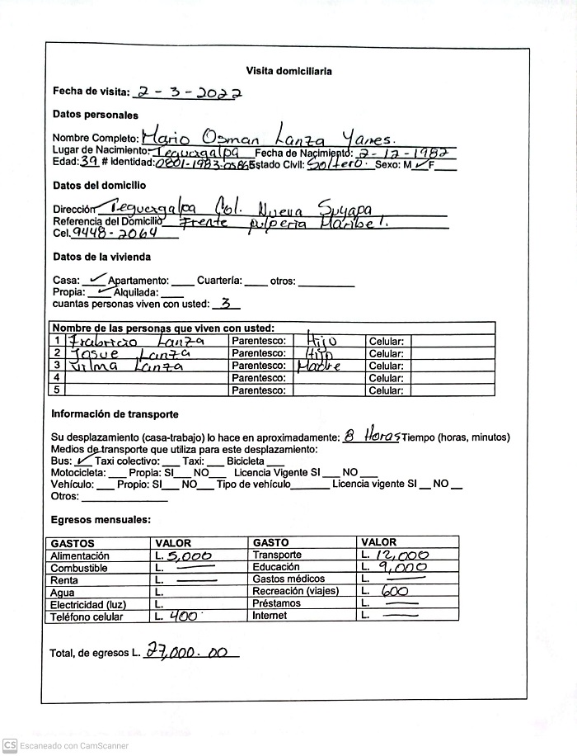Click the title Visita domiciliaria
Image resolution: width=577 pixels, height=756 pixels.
click(x=288, y=71)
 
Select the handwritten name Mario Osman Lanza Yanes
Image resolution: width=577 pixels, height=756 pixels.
click(x=269, y=135)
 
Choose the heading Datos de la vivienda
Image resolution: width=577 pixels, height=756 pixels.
click(x=101, y=257)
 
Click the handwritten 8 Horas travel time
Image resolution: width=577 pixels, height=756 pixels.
click(x=372, y=435)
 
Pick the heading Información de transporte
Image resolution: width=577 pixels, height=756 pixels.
click(x=115, y=414)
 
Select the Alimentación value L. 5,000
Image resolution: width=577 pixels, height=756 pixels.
click(x=185, y=556)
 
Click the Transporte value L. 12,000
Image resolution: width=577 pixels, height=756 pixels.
click(x=396, y=555)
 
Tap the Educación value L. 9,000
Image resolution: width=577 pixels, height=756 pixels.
click(x=396, y=568)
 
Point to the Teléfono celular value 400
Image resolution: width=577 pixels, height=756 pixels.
click(x=177, y=617)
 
